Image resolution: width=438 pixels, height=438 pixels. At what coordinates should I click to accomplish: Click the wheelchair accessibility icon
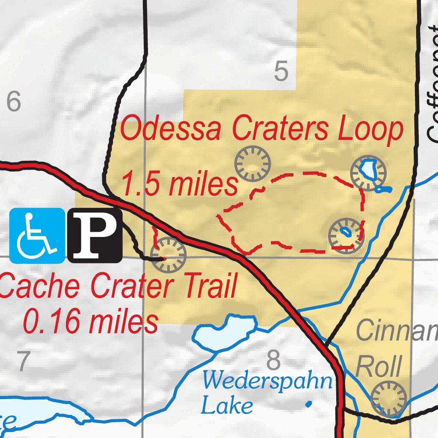pos(37,235)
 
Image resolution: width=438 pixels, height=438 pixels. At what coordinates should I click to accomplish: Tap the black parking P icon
pos(95,235)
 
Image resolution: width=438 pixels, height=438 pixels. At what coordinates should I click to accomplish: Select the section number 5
pos(281,72)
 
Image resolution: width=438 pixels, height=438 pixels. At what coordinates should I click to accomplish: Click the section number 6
pos(13,103)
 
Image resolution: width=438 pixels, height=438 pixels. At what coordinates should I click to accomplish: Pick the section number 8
pos(274,361)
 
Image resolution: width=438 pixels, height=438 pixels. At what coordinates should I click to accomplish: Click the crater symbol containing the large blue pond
pos(368,172)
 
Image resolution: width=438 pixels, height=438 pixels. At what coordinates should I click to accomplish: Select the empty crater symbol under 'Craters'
pos(253,163)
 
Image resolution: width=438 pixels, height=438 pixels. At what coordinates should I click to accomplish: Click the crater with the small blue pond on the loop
pos(346,235)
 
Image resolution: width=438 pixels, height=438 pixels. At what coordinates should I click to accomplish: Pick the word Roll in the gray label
pos(379,366)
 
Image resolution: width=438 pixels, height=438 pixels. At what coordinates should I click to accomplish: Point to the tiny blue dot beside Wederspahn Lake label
pos(309,403)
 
